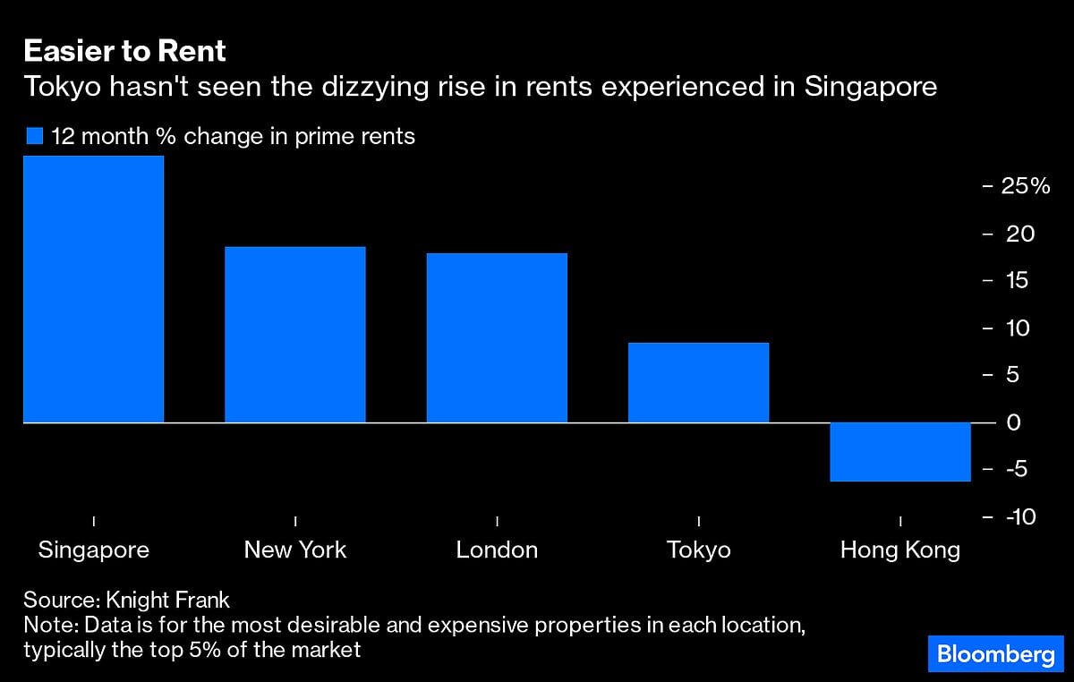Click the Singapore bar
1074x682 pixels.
93,288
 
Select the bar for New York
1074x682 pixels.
294,334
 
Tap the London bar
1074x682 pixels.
497,337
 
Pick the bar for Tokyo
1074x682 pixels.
698,382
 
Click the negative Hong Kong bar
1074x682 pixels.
899,451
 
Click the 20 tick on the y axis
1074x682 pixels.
1019,234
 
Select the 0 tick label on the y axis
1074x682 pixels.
1013,422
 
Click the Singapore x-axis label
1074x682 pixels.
93,550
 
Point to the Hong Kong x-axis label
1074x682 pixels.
899,550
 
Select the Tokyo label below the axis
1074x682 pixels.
698,550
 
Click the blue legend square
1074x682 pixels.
35,137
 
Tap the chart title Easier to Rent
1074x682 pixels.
124,51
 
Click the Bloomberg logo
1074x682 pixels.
995,654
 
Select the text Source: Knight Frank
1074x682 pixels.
126,600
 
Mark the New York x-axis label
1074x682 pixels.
294,550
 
